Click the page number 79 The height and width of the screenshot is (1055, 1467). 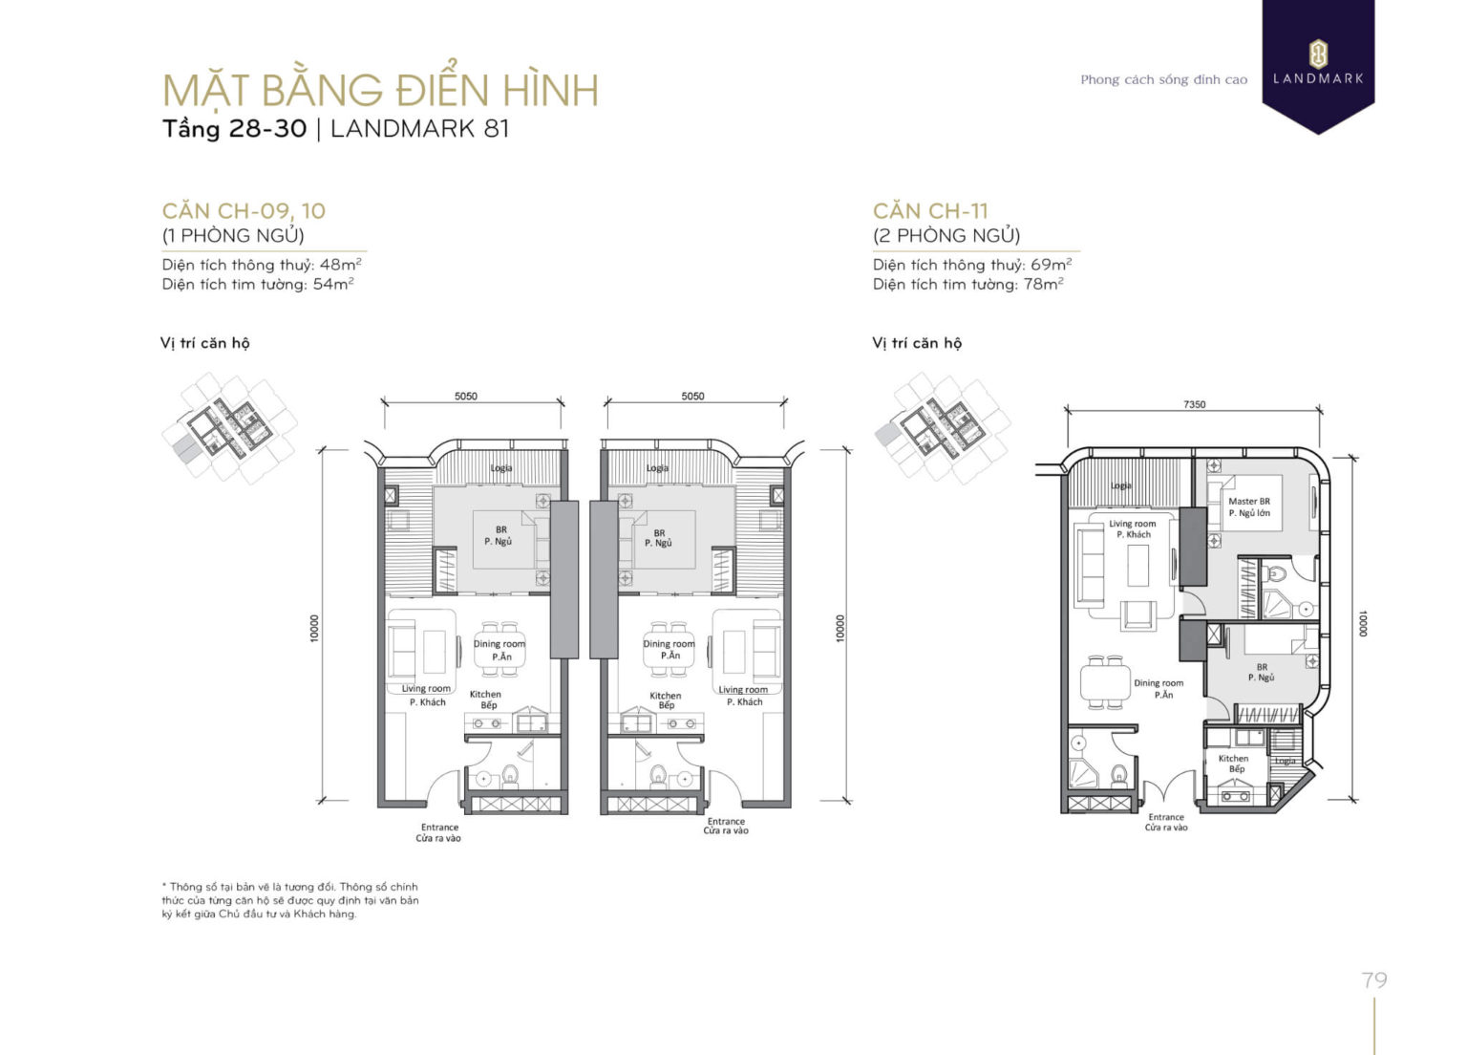tap(1374, 980)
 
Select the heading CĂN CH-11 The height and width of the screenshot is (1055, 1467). tap(930, 211)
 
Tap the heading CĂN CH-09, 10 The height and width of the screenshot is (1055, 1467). tap(244, 211)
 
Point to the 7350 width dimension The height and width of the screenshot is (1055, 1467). tap(1194, 404)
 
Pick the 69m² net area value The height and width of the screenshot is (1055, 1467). tap(1051, 265)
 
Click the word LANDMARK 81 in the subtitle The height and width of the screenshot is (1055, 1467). tap(420, 128)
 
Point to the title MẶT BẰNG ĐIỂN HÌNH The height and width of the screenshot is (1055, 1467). tap(380, 91)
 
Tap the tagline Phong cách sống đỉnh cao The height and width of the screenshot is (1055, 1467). tap(1163, 79)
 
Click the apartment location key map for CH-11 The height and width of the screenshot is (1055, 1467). tap(941, 427)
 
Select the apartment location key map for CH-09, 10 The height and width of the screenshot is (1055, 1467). tap(229, 427)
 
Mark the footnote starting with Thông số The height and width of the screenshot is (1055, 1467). tap(290, 900)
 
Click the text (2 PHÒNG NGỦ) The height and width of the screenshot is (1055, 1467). tap(946, 235)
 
